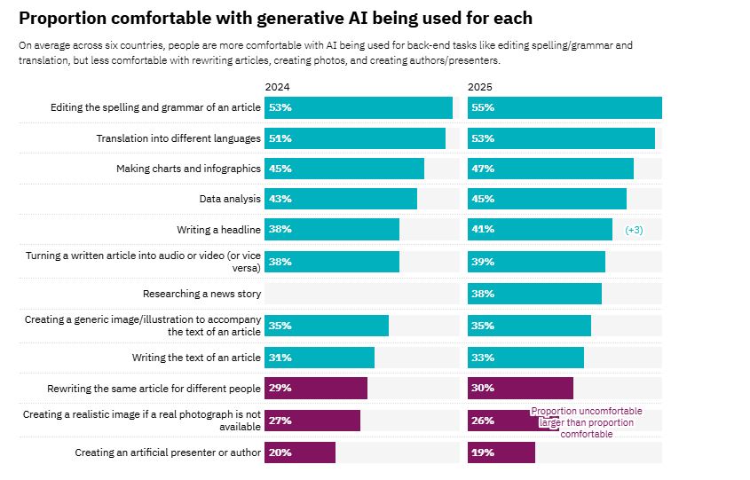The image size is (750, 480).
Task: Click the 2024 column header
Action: click(277, 87)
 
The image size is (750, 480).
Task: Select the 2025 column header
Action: click(480, 87)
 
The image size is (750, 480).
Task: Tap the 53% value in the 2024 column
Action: click(281, 108)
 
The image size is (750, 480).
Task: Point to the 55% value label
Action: click(484, 108)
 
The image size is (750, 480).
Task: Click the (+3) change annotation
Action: click(634, 230)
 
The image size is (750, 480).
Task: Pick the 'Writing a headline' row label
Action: click(218, 230)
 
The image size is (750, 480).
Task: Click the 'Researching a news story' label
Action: click(201, 294)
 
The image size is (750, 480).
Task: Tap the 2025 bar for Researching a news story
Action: click(534, 294)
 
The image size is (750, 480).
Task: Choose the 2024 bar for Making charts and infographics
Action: click(344, 169)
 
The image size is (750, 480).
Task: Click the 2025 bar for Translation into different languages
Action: click(561, 138)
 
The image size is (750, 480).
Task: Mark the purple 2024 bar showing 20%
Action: click(300, 452)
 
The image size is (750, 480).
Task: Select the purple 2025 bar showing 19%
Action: click(501, 452)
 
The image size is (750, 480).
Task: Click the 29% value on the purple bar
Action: click(281, 389)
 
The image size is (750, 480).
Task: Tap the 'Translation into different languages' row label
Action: click(178, 138)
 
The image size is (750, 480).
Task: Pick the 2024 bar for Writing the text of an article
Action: click(320, 358)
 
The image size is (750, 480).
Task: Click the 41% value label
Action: click(484, 230)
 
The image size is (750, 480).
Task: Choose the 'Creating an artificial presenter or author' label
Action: click(168, 452)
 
